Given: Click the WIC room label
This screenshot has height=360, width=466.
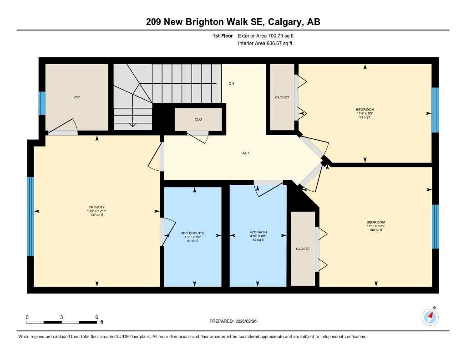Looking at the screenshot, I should pyautogui.click(x=77, y=97).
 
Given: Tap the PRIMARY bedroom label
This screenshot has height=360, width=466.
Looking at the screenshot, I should pyautogui.click(x=96, y=208).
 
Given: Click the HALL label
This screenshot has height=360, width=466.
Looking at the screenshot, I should pyautogui.click(x=246, y=153).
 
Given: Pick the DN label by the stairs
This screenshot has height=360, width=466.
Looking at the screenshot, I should pyautogui.click(x=231, y=84).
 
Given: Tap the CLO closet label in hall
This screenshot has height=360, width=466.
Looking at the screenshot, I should pyautogui.click(x=198, y=119).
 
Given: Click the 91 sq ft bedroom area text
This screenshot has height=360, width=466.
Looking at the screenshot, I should pyautogui.click(x=365, y=117).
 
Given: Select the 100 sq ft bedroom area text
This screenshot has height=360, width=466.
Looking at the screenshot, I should pyautogui.click(x=376, y=230).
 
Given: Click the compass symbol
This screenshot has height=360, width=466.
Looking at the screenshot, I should pyautogui.click(x=430, y=317).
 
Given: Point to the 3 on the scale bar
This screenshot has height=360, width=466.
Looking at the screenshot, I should pyautogui.click(x=61, y=317).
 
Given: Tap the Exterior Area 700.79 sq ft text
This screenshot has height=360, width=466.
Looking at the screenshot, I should pyautogui.click(x=269, y=35).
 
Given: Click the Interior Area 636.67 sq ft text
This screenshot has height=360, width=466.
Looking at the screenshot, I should pyautogui.click(x=265, y=44).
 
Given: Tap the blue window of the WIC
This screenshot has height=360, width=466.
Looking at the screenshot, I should pyautogui.click(x=42, y=103).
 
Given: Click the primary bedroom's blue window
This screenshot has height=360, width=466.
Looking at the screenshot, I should pyautogui.click(x=30, y=216).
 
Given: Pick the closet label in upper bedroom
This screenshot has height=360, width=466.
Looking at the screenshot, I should pyautogui.click(x=282, y=97).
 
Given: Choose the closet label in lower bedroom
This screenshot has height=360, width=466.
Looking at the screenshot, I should pyautogui.click(x=303, y=249).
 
